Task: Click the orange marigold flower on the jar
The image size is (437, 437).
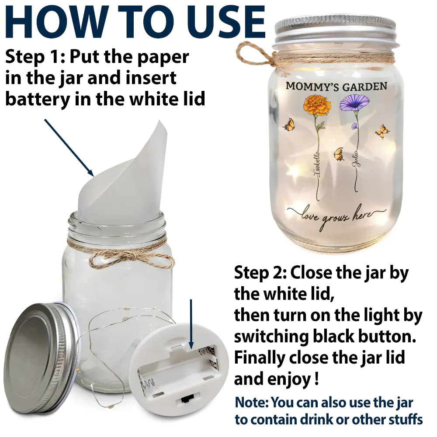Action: pos(317,105)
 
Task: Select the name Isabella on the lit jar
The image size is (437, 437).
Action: pos(317,164)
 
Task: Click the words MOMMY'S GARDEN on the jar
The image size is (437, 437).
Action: pos(336,86)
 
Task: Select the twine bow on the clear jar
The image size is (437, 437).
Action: pos(131,258)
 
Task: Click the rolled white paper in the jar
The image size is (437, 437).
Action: pos(125,178)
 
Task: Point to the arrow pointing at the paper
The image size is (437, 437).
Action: pos(69,147)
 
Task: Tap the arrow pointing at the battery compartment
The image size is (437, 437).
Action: pos(191,324)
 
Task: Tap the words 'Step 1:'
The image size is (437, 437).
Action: pos(35,57)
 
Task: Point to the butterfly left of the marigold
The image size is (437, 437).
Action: pos(289,125)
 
